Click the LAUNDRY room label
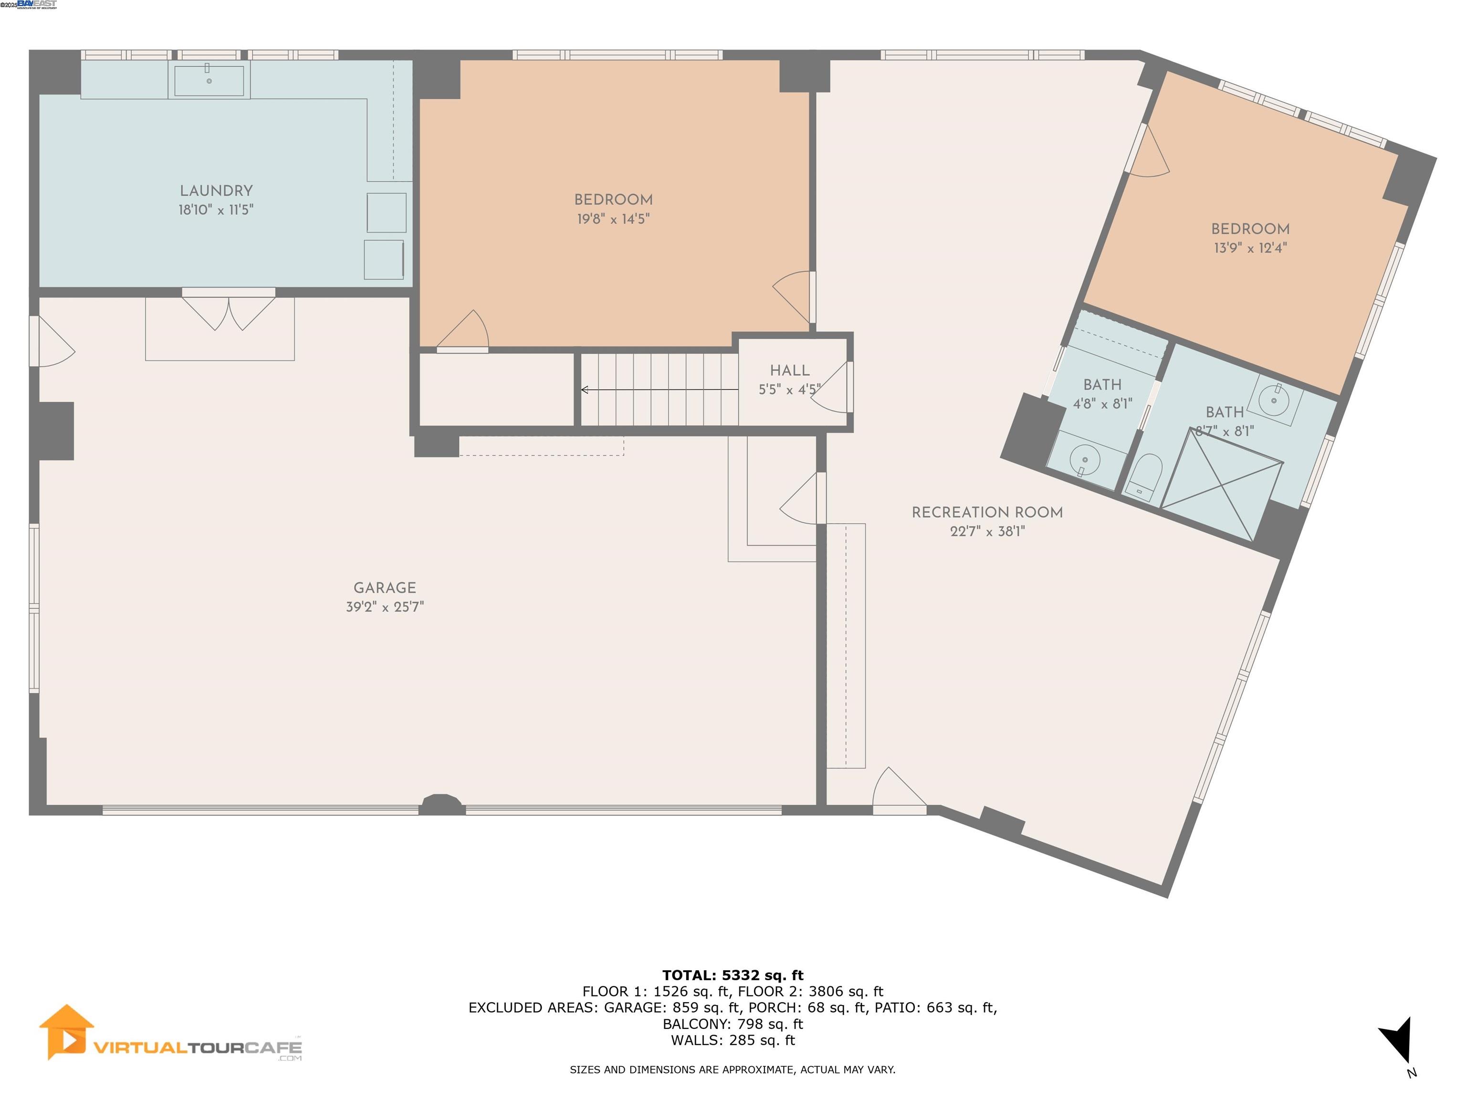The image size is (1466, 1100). point(216,191)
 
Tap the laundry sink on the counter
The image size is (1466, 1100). point(209,80)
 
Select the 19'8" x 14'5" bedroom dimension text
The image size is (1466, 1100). point(613,219)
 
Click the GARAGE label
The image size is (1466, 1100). point(384,587)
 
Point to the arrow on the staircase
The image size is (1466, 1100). point(585,390)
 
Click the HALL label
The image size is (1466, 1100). point(789,370)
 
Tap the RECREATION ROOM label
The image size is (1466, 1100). point(987,513)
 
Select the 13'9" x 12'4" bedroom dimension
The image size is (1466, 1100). point(1250,248)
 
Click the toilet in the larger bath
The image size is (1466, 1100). point(1145,476)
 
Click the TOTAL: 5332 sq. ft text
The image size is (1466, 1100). point(733,975)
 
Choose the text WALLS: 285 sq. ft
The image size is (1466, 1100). point(733,1040)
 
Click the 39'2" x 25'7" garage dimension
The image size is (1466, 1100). point(384,607)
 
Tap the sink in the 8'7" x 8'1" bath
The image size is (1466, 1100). point(1273,401)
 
